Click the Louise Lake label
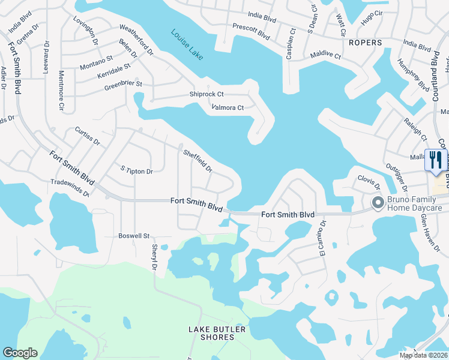187,44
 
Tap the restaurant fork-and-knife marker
435,160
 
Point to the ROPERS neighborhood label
364,43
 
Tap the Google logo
20,353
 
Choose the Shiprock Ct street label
206,94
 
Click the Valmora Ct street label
228,108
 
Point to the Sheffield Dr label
198,161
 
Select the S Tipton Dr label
137,172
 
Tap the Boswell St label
133,236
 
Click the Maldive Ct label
325,56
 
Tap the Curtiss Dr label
87,136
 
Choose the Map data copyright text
423,355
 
